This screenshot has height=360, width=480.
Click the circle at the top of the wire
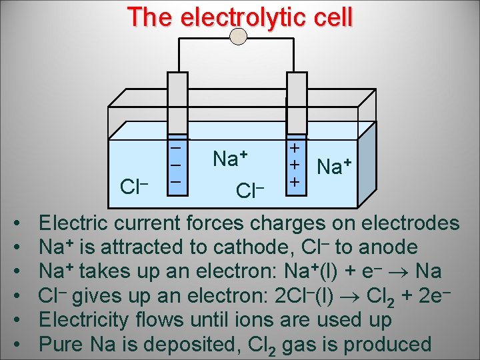click(239, 36)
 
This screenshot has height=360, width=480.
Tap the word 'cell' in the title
click(331, 17)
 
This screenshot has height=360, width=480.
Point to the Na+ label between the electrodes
click(229, 159)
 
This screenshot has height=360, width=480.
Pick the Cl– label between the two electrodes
click(251, 191)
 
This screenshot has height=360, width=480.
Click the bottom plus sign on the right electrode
click(295, 181)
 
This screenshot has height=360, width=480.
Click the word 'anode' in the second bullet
click(387, 247)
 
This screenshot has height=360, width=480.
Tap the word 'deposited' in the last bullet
click(213, 345)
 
